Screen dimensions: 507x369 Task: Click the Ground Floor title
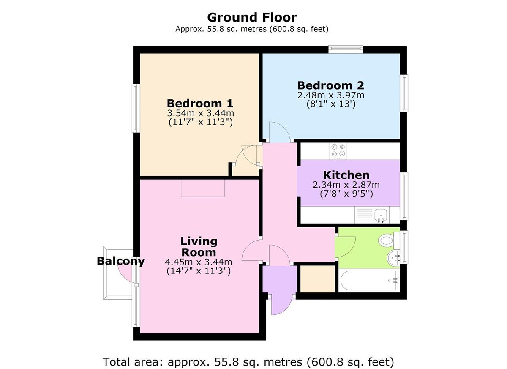coord(252,17)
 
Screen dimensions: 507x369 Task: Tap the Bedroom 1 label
coord(200,104)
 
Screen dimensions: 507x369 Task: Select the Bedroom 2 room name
coord(331,85)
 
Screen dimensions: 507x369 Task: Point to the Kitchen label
coord(346,175)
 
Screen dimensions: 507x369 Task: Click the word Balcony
coord(121,261)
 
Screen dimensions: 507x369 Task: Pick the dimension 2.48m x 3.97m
coord(331,95)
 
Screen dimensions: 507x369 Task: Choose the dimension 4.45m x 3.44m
coord(199,262)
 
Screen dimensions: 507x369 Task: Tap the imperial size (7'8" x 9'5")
coord(346,194)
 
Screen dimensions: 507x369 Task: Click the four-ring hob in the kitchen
coord(338,151)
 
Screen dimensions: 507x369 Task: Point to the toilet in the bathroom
coord(389,240)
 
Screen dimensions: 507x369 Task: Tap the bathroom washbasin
coord(393,258)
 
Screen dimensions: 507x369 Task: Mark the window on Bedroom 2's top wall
coord(346,49)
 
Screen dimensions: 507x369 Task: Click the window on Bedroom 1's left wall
coord(136,108)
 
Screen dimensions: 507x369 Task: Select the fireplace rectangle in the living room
coord(202,188)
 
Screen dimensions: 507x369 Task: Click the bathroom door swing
coord(345,247)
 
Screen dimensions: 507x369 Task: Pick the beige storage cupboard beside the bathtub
coord(317,279)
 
